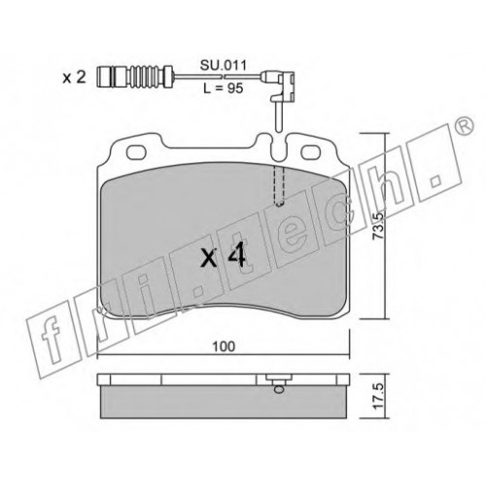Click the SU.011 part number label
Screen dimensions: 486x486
[x=224, y=65]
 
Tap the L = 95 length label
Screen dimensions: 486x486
[x=224, y=88]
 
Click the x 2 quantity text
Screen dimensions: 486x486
[x=74, y=78]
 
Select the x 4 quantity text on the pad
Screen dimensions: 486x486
[x=223, y=257]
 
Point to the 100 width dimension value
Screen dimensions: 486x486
[x=224, y=346]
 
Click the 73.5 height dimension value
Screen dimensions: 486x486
[x=378, y=226]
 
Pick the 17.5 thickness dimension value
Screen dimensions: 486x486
[x=378, y=396]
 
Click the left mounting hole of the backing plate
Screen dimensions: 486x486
[x=136, y=153]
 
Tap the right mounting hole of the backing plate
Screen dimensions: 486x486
[x=311, y=153]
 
